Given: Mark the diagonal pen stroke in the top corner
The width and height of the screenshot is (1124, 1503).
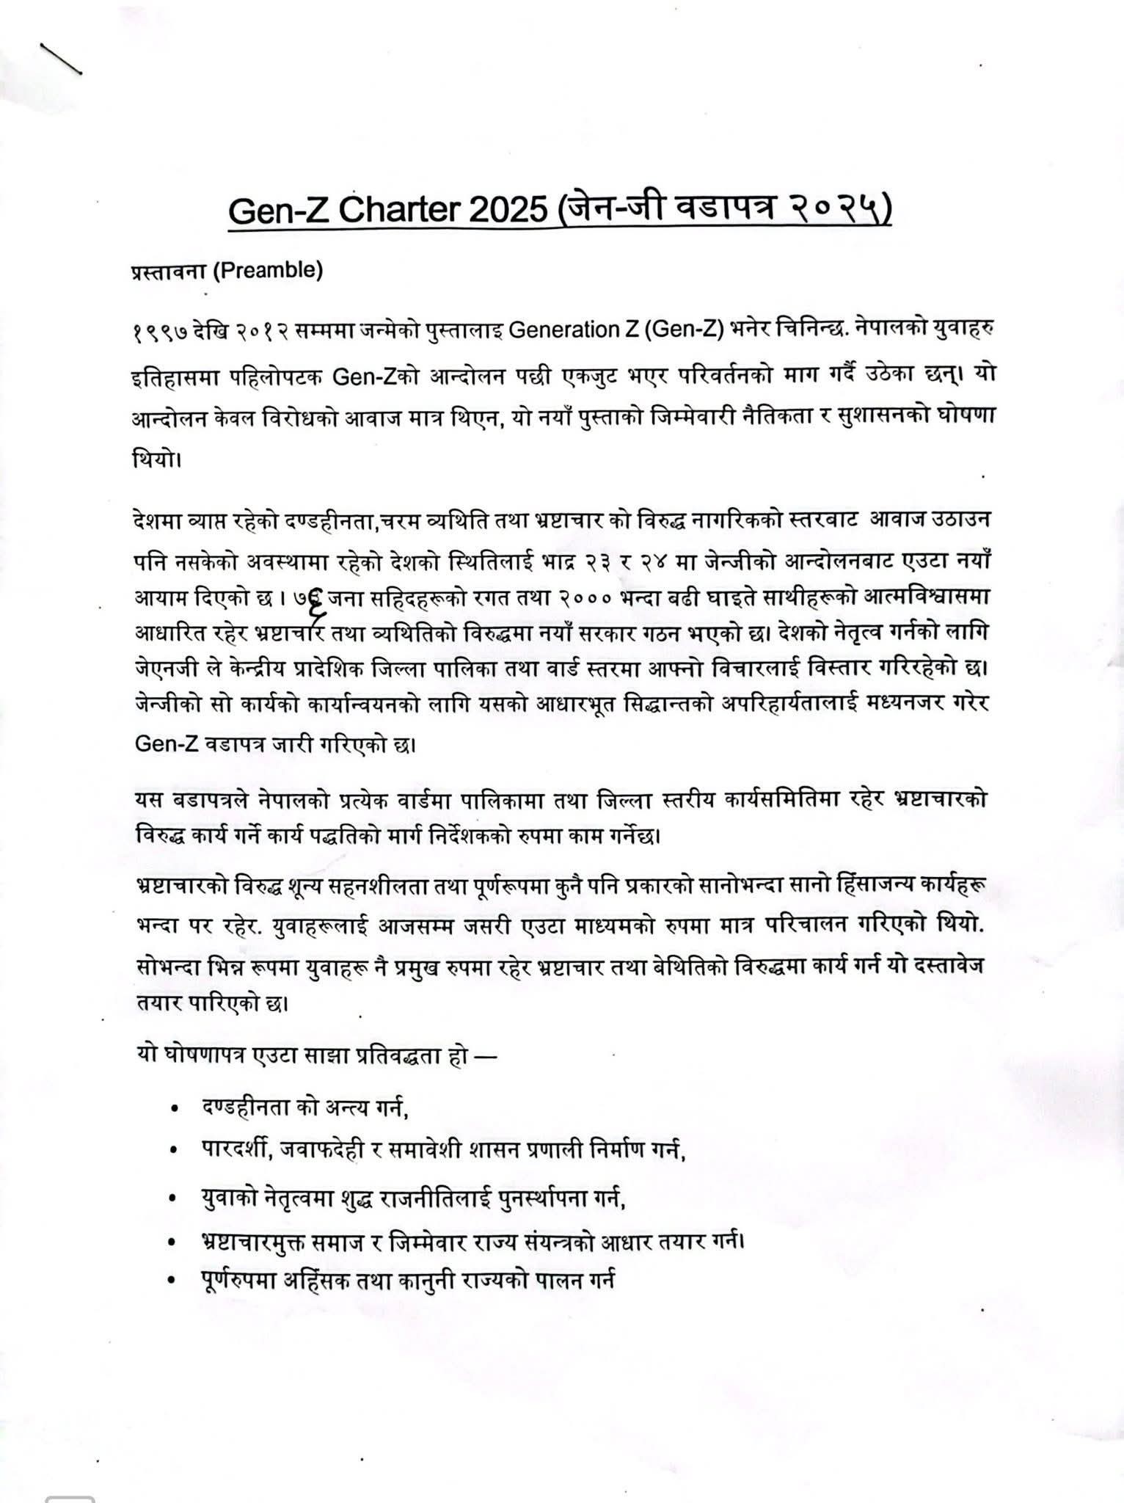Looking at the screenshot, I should click(60, 59).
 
